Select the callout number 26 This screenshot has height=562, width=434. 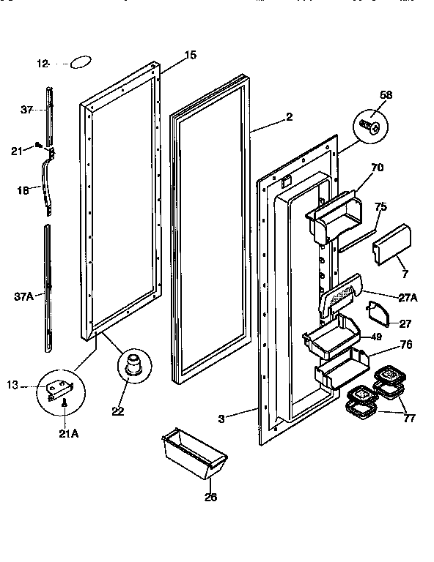(x=210, y=497)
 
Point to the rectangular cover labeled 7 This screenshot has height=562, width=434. (x=391, y=244)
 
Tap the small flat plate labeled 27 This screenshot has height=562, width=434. (x=379, y=313)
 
